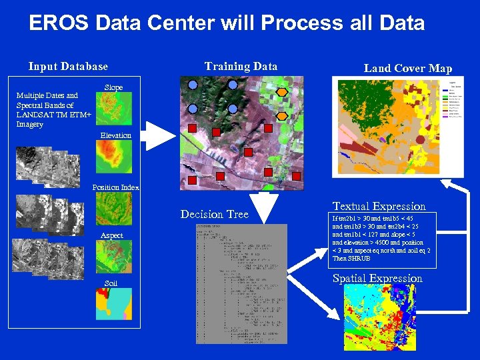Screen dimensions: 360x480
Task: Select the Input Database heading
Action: click(x=68, y=66)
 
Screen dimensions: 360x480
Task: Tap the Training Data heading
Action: click(x=241, y=66)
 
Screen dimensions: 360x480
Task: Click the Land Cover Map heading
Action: click(x=408, y=68)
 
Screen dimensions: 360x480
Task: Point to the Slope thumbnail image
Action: click(x=114, y=109)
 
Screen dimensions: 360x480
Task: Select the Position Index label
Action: click(x=115, y=187)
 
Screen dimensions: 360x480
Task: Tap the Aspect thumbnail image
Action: click(x=114, y=257)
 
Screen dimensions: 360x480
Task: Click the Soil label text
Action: click(x=111, y=284)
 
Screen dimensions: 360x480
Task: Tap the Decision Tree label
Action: click(x=214, y=214)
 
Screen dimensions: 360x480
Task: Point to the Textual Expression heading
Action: click(x=379, y=207)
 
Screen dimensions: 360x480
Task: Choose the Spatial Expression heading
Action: click(x=377, y=278)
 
